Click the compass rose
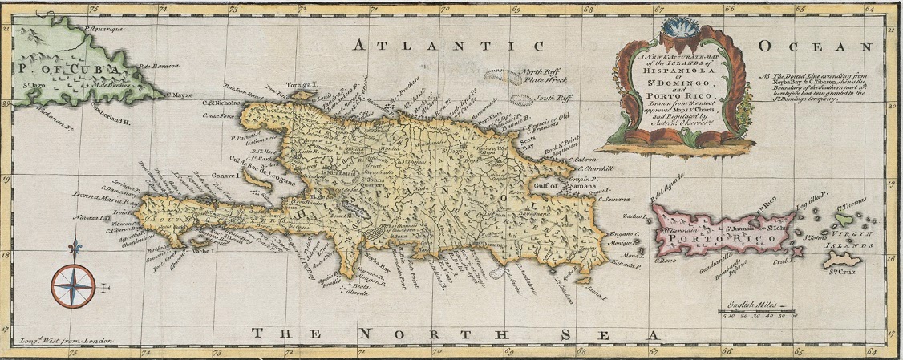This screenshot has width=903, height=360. [x=73, y=285]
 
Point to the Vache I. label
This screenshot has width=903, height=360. [x=203, y=250]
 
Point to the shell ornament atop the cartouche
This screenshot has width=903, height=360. [x=678, y=30]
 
